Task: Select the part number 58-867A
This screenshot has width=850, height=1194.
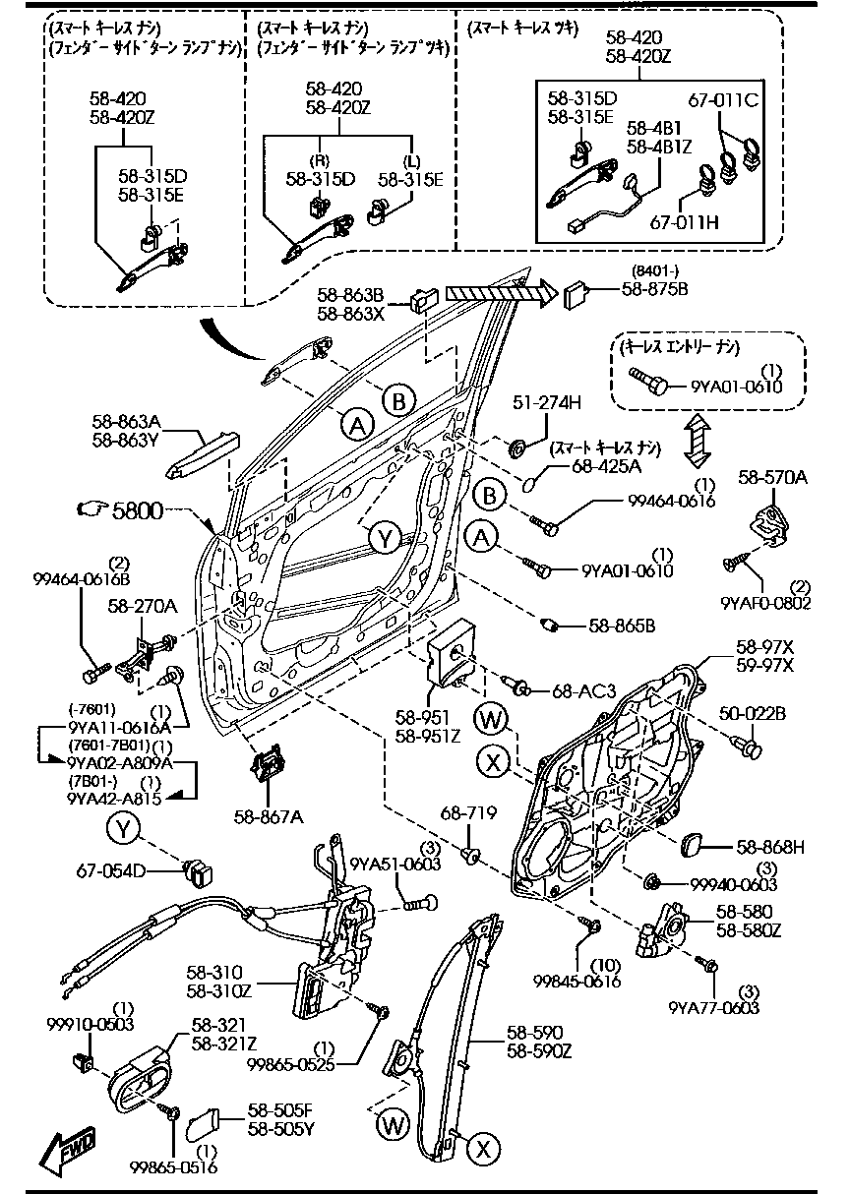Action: tap(268, 815)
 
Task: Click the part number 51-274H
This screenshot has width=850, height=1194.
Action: tap(547, 403)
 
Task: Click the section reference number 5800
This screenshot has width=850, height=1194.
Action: tap(137, 509)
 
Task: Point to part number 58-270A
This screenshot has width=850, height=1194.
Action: tap(143, 607)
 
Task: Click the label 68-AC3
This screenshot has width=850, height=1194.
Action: tap(583, 692)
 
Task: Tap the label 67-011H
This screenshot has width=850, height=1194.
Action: tap(683, 222)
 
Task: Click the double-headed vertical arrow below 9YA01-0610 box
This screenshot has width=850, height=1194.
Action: tap(697, 439)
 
